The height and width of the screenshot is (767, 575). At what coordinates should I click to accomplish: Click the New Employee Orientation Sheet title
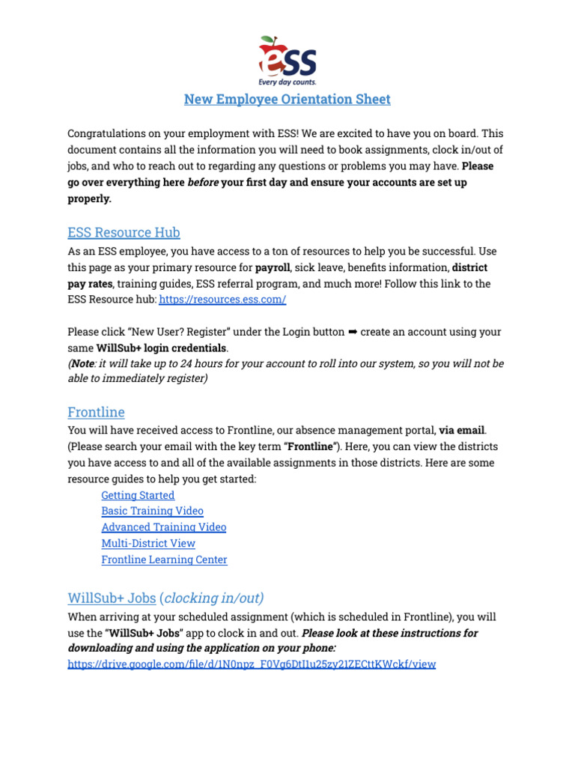click(x=287, y=99)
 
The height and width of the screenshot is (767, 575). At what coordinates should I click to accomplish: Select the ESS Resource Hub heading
click(x=124, y=232)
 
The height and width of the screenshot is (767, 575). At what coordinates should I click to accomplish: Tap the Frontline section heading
click(x=96, y=412)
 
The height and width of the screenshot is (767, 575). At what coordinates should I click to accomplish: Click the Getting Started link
click(x=138, y=495)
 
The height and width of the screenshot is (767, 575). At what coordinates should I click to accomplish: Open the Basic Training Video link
click(x=152, y=511)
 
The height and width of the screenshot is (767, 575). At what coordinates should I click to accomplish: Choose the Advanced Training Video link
click(x=163, y=527)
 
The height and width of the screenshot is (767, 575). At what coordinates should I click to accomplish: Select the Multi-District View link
click(x=148, y=543)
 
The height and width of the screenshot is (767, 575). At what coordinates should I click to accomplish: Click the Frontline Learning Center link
click(x=164, y=560)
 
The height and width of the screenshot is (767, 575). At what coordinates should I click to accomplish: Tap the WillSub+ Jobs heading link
click(x=112, y=598)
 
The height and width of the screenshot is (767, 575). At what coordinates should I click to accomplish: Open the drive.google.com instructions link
click(x=252, y=664)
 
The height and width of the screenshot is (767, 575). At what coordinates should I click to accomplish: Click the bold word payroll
click(x=273, y=267)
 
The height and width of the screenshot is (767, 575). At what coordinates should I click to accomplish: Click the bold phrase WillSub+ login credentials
click(x=162, y=348)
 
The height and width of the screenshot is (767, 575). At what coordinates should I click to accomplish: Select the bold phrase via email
click(x=461, y=430)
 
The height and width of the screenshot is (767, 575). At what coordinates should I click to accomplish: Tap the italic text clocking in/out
click(x=213, y=598)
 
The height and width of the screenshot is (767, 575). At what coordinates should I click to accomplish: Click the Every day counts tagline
click(x=287, y=82)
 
